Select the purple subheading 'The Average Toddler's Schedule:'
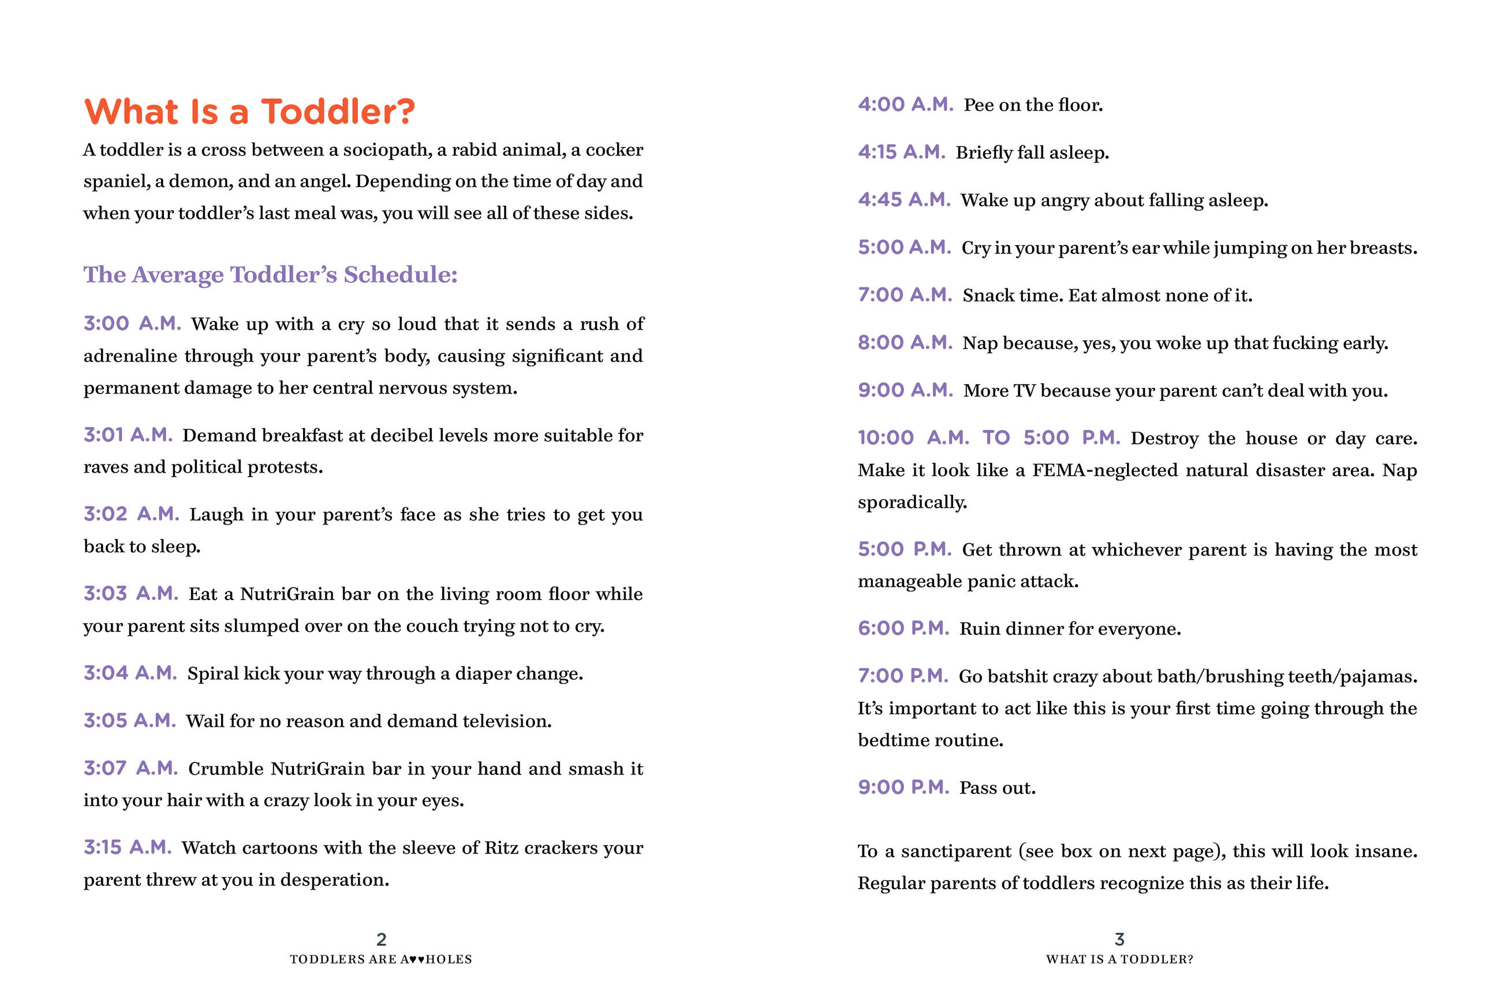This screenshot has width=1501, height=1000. click(x=271, y=274)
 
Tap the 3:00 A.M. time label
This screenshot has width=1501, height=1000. click(x=132, y=323)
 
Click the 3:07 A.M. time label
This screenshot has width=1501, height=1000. click(x=131, y=768)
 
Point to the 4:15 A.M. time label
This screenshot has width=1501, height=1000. click(x=901, y=152)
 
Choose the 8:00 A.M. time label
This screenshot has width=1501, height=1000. click(x=905, y=343)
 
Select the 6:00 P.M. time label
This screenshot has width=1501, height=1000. click(x=903, y=628)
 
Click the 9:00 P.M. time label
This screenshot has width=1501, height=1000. click(x=903, y=787)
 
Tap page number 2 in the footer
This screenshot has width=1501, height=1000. click(x=382, y=939)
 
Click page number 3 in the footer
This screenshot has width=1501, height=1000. click(x=1119, y=939)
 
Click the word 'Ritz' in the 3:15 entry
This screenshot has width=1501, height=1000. click(x=501, y=848)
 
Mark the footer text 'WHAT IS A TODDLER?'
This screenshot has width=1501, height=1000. click(x=1119, y=959)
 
